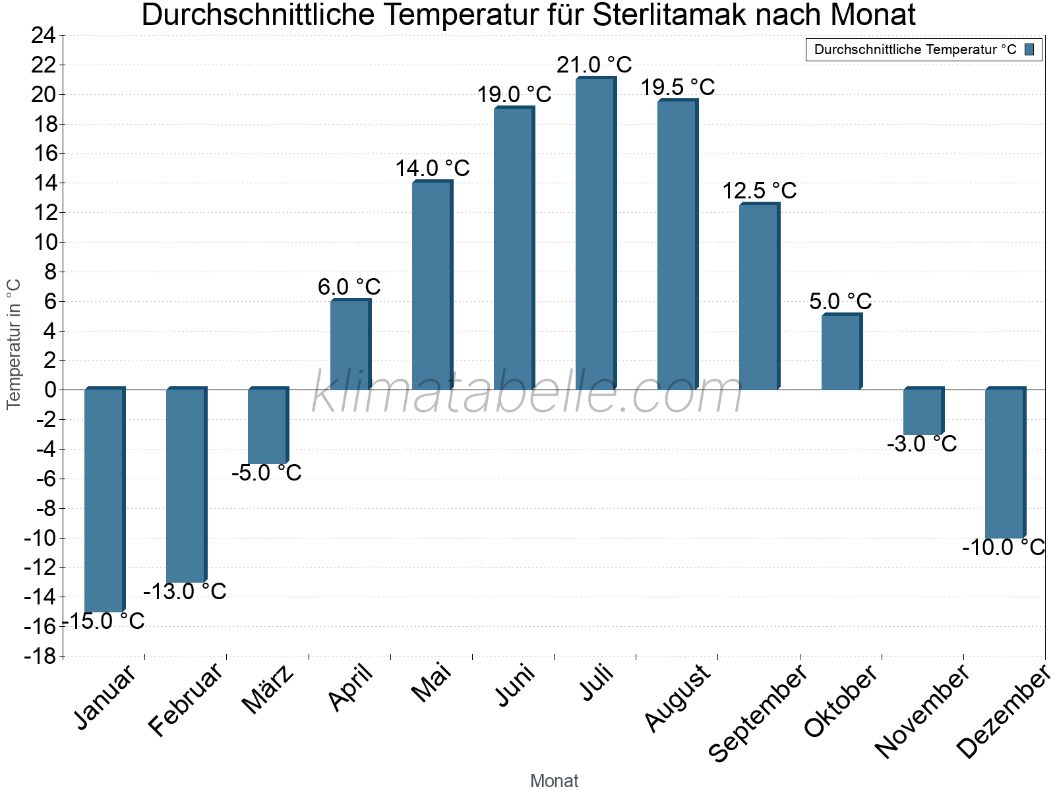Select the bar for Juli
[595, 234]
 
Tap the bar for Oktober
[841, 353]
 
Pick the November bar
[922, 412]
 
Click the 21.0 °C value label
[594, 65]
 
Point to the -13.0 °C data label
[185, 591]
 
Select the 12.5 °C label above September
[760, 191]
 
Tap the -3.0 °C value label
[922, 444]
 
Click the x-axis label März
[268, 690]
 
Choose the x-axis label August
[678, 697]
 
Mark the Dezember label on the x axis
[1002, 712]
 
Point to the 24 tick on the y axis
[44, 36]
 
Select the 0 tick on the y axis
[50, 390]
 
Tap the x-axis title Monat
[554, 780]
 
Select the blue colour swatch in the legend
[1029, 49]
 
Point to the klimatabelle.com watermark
[527, 394]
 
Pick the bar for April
[349, 345]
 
